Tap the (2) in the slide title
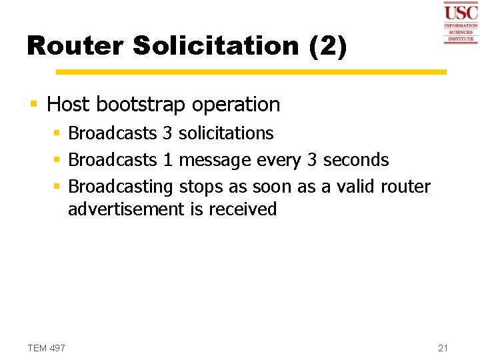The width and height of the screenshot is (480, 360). [x=328, y=46]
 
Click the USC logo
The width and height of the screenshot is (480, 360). [x=461, y=23]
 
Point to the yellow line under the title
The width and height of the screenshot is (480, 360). [x=251, y=72]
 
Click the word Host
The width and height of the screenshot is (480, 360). [x=69, y=105]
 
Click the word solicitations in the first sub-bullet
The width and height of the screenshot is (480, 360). [x=226, y=133]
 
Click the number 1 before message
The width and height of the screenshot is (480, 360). [x=168, y=160]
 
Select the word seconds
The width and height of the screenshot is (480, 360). [x=356, y=160]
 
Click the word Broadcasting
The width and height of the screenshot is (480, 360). [x=121, y=187]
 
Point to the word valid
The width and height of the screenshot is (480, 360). [x=355, y=187]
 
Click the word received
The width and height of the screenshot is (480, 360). [x=243, y=209]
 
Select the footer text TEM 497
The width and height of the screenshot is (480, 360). [x=47, y=348]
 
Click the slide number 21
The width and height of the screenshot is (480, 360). [x=444, y=348]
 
